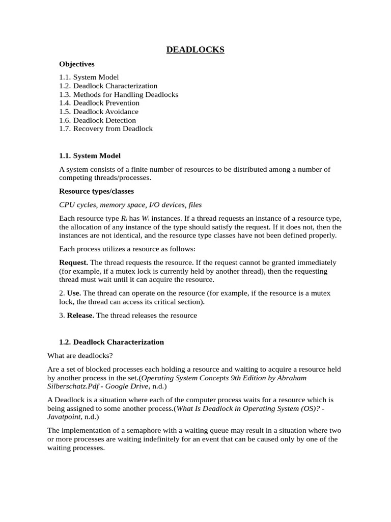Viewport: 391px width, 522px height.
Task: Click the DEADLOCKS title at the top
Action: pos(195,49)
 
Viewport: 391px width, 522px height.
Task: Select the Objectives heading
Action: pos(77,64)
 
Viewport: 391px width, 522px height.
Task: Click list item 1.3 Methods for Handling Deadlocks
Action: pos(119,94)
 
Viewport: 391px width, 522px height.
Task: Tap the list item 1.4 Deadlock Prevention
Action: pos(99,103)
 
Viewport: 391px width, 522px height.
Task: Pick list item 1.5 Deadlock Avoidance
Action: pos(99,112)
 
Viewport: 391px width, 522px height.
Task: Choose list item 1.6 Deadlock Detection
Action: pos(98,120)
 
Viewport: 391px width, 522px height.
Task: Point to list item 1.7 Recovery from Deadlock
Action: pos(106,128)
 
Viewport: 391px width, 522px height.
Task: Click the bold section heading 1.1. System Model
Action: pos(90,155)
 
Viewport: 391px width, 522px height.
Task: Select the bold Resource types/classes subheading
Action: pos(97,191)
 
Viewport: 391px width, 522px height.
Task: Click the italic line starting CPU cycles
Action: pos(130,205)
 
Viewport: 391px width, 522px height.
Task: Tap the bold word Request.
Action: pos(73,263)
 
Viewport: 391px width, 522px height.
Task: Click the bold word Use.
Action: pos(74,293)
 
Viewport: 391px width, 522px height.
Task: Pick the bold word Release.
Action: pos(80,315)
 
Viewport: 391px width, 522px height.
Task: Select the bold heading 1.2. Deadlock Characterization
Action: pos(111,342)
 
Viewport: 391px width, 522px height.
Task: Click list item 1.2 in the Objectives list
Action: pos(108,86)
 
